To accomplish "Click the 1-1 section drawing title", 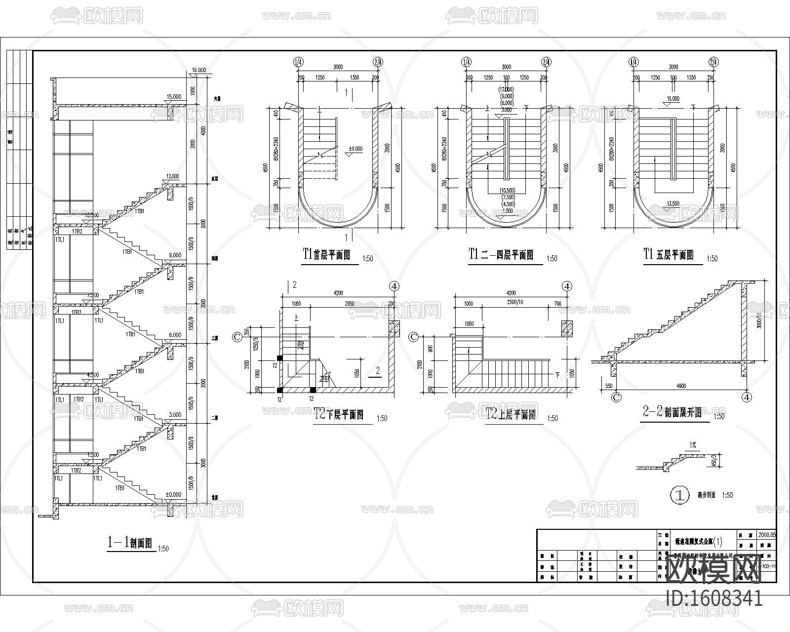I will [x=129, y=543].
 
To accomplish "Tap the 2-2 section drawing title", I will [x=672, y=413].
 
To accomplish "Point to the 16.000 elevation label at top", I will [x=198, y=71].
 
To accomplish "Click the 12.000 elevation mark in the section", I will [x=173, y=176].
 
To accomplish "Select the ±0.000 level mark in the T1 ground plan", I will [x=355, y=148].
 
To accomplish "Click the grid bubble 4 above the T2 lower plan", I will [x=394, y=286].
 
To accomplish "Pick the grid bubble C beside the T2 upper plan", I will [x=414, y=337].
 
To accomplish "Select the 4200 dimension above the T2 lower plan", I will [x=338, y=293].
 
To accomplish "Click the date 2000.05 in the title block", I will [x=767, y=534].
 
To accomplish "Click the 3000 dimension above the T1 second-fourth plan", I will [x=506, y=67].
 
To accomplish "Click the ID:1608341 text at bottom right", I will [x=714, y=599].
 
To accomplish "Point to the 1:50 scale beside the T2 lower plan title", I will [x=382, y=418].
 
